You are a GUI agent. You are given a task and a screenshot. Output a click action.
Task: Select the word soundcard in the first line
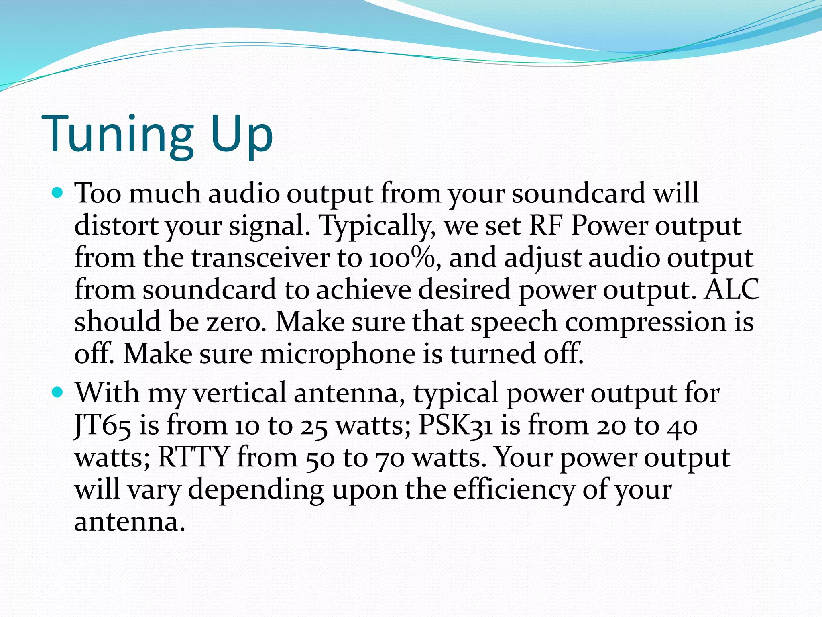point(578,194)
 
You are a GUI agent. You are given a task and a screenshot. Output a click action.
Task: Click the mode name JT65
point(103,426)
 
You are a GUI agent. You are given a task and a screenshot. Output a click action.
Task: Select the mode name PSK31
point(455,426)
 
